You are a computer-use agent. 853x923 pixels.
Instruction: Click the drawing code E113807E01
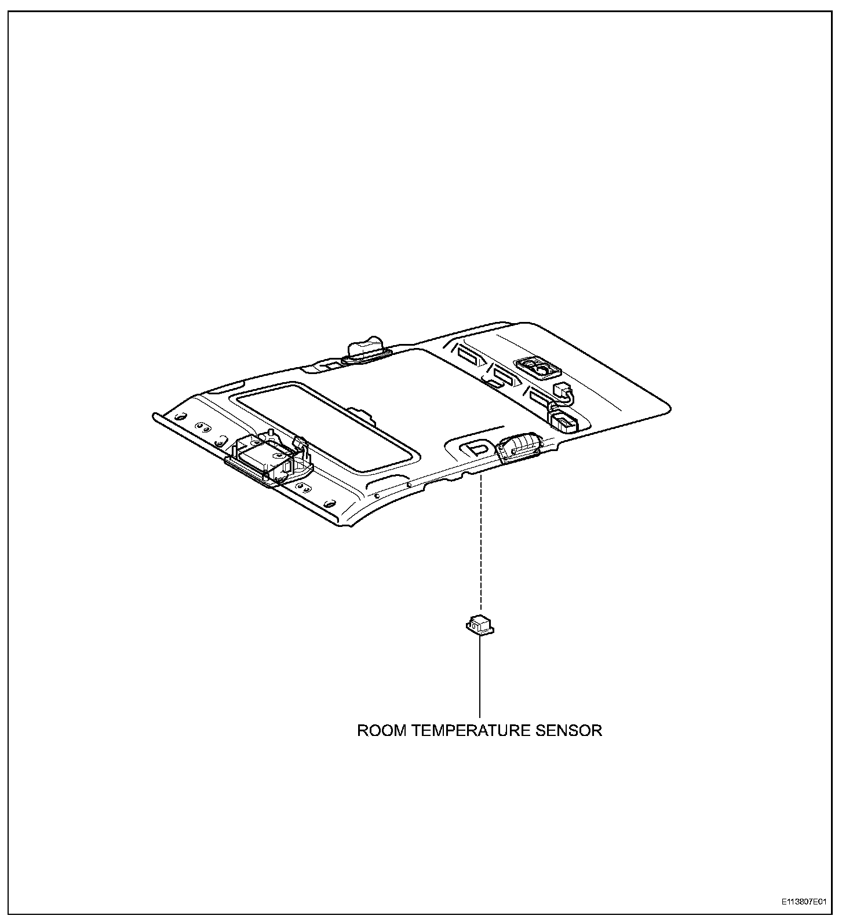click(x=803, y=902)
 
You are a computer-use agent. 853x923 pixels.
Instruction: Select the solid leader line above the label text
click(x=480, y=677)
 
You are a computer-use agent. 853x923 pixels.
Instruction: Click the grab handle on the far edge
click(x=365, y=350)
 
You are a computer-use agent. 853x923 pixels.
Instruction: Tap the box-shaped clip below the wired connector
click(x=563, y=421)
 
